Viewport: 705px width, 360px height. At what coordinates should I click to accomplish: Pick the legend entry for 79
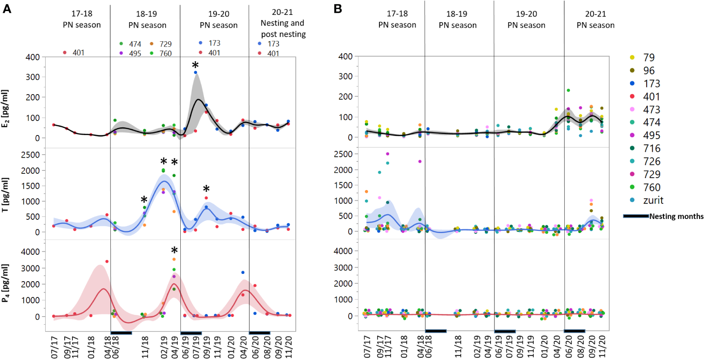648,58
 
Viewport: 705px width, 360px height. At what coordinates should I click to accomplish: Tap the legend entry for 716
651,148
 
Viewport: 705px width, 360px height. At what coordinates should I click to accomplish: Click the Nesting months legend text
676,216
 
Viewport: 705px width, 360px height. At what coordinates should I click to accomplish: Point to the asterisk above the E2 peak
195,65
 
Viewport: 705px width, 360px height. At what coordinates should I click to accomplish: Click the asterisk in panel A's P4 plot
174,251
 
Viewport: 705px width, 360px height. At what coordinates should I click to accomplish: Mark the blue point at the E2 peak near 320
196,72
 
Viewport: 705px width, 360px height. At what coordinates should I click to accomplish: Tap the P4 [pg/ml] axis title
5,283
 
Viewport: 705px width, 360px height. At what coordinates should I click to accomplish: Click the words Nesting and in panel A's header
282,23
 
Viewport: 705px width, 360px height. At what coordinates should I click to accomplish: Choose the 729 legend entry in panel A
165,44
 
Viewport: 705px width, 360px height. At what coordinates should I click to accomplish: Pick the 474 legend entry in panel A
135,44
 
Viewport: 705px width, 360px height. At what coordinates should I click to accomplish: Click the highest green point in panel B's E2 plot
568,90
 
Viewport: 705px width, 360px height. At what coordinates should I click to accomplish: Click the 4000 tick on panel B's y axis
344,251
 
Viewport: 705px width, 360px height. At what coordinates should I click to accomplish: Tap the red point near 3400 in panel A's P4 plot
107,261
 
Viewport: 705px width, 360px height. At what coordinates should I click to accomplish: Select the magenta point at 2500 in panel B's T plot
387,154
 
